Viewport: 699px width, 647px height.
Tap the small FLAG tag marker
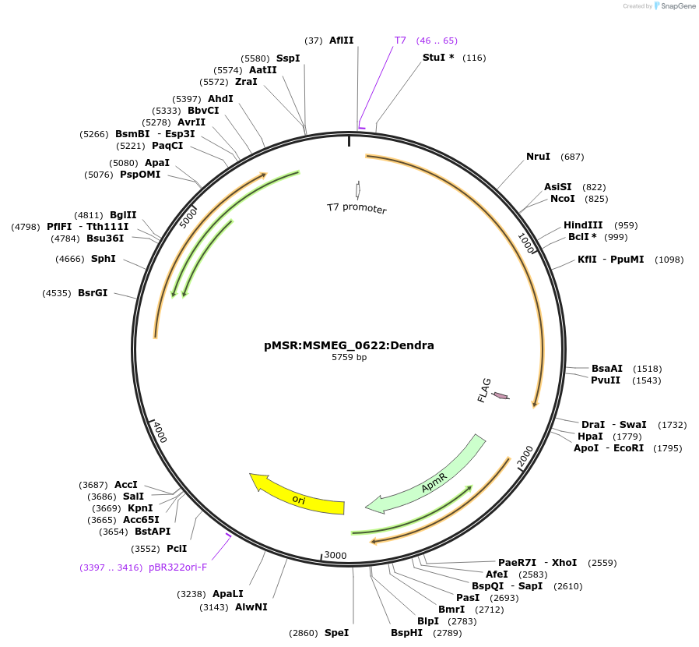(501, 396)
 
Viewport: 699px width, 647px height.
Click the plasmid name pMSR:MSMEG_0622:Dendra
(349, 345)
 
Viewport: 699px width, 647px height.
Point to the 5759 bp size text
(349, 358)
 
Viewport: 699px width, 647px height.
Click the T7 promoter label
(357, 207)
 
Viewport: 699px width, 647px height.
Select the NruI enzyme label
(538, 157)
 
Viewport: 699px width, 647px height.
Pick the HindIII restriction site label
(583, 225)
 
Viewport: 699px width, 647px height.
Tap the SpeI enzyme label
(336, 633)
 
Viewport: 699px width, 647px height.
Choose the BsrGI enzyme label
(93, 293)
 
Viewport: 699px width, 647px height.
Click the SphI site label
(104, 258)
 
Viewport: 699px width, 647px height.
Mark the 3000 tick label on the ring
(335, 555)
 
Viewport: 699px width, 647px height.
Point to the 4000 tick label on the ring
(160, 432)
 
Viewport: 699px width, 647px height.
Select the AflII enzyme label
(341, 40)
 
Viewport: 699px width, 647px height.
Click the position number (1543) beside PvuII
(647, 380)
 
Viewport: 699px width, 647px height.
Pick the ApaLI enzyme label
(228, 593)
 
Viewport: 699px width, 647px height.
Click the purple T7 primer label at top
(400, 40)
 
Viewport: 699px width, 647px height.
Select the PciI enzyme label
(177, 548)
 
